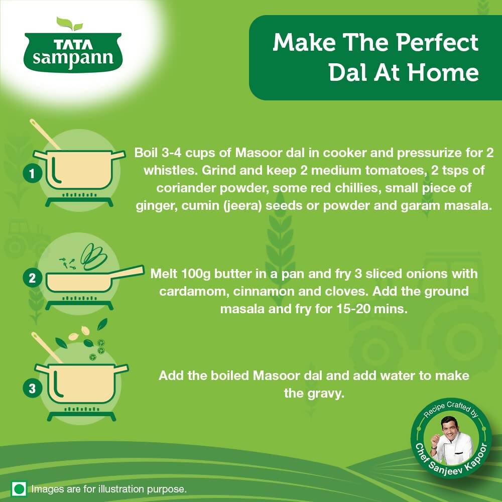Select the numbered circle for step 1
pos(32,174)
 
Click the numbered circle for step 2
pos(32,278)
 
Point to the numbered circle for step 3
pos(32,388)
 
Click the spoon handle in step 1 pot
pos(43,133)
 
